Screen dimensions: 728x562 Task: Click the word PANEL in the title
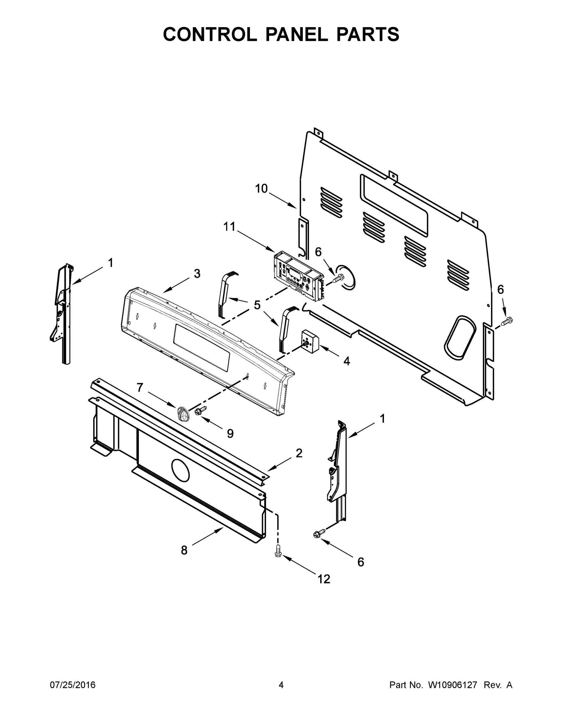point(296,34)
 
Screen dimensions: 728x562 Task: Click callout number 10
point(261,189)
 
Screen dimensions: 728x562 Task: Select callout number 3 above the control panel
point(197,274)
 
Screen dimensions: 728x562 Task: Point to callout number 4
point(347,361)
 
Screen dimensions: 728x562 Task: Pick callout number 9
point(230,433)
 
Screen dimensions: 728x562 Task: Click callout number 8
point(184,550)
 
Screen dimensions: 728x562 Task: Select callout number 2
point(299,453)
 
